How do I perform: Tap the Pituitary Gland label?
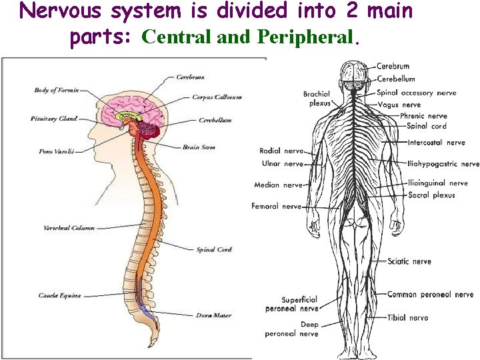point(54,119)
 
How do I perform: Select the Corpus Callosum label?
point(217,97)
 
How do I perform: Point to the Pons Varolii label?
point(54,152)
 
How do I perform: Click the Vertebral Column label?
point(69,228)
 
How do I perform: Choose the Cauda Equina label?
point(59,295)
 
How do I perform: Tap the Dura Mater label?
point(214,315)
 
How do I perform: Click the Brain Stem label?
point(199,147)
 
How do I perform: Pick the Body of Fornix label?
point(56,90)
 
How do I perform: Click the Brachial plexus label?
point(317,99)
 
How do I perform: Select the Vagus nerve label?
point(399,105)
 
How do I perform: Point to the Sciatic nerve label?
point(409,261)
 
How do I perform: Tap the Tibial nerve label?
point(407,318)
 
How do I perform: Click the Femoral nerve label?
point(276,207)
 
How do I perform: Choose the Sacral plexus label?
point(431,195)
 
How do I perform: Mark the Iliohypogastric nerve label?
point(443,163)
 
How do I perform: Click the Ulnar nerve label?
point(282,163)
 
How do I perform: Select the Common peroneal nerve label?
point(430,295)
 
